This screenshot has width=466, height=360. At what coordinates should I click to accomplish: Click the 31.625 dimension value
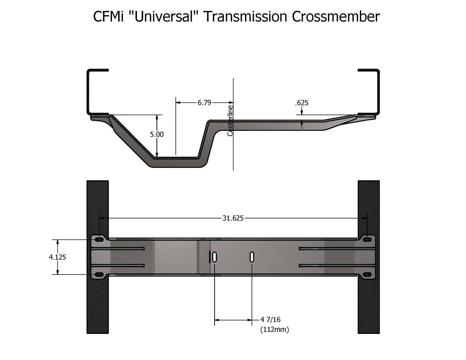click(x=233, y=218)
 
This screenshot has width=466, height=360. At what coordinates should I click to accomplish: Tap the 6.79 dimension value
click(x=204, y=102)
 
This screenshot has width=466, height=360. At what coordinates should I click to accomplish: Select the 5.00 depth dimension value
click(x=157, y=134)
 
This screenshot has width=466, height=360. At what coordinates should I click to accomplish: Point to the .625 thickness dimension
click(x=302, y=103)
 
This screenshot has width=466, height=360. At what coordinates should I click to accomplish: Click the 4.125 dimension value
click(x=57, y=257)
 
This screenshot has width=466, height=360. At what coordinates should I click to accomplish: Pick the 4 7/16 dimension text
click(x=271, y=320)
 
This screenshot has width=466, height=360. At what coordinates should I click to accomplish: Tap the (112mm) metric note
click(x=274, y=330)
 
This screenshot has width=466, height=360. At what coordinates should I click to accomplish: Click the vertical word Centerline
click(x=230, y=121)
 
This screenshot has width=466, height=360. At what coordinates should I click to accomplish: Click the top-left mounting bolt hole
click(x=100, y=239)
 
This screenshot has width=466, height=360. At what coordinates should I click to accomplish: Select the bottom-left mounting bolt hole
click(x=100, y=275)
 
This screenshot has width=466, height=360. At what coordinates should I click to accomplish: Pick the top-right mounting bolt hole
click(x=367, y=239)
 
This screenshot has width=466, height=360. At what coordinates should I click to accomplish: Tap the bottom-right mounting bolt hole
click(x=367, y=275)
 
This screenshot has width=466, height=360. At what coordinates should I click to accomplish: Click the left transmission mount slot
click(x=215, y=257)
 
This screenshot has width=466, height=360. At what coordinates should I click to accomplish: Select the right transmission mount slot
click(x=252, y=257)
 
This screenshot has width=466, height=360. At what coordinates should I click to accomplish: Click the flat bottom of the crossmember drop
click(x=176, y=162)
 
